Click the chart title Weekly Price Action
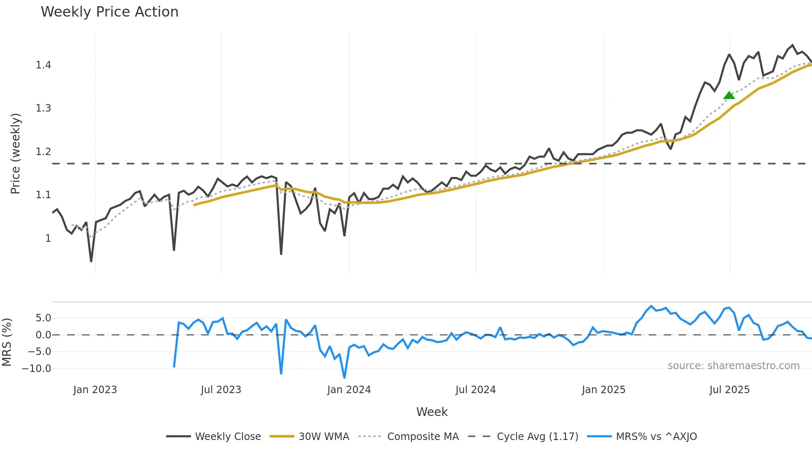109,12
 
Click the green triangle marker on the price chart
729,96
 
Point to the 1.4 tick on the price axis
43,65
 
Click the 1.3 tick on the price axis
43,108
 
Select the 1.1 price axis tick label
43,195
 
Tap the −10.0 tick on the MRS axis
36,369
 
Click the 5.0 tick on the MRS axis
43,318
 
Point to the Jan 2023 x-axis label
95,390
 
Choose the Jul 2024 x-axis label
475,390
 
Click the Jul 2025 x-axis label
729,390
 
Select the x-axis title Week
432,412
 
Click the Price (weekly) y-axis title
15,153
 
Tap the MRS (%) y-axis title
7,342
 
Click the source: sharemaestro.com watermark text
733,366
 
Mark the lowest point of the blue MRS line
344,377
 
